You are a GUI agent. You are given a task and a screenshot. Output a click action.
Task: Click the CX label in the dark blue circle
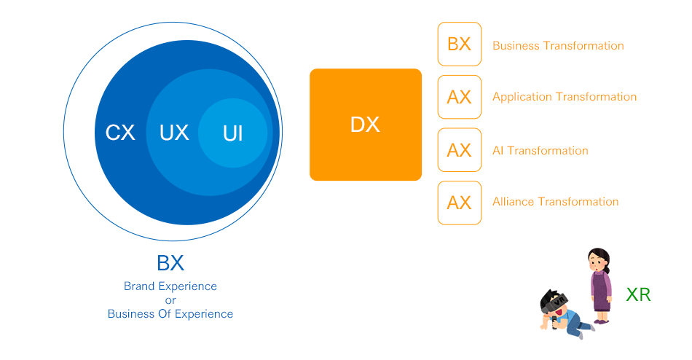(x=120, y=133)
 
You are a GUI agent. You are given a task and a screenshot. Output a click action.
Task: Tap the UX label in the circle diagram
(x=174, y=133)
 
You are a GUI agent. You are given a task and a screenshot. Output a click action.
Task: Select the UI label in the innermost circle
(x=232, y=133)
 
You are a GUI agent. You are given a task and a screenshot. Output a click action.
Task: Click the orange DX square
(x=366, y=125)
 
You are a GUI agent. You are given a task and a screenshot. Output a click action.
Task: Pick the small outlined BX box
(x=460, y=44)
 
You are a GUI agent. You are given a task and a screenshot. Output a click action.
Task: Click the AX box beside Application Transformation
(x=460, y=97)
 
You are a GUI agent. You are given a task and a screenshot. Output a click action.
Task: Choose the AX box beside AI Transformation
(x=460, y=149)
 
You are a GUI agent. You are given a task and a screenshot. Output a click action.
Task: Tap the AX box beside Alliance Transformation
(x=460, y=203)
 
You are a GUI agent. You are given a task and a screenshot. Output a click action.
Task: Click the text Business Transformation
(x=558, y=45)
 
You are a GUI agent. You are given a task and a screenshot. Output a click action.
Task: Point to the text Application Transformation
(x=565, y=97)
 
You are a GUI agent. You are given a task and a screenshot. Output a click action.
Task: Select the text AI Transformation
(x=540, y=151)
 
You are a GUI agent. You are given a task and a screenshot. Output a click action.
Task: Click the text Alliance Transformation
(x=556, y=201)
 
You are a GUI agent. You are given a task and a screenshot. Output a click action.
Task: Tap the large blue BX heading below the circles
(x=170, y=263)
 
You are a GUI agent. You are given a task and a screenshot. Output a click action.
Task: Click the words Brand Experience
(x=170, y=286)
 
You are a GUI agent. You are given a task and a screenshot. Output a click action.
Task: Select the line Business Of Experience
(x=170, y=313)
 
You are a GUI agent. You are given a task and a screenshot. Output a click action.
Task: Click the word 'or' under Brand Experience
(x=170, y=300)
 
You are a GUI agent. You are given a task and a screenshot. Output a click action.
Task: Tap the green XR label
(x=638, y=294)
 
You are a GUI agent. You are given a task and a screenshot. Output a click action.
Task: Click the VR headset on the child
(x=556, y=302)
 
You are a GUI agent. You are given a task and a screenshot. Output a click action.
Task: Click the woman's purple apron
(x=601, y=291)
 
